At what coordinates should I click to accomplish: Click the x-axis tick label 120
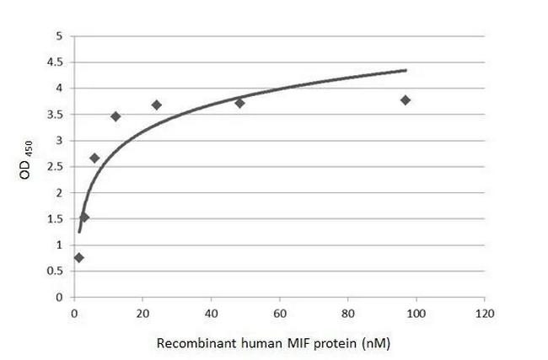pos(483,314)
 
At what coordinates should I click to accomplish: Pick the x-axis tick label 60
pos(279,314)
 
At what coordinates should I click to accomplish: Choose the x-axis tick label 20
pos(142,314)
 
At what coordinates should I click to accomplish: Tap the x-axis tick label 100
pos(415,314)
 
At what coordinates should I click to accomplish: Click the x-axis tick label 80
pos(347,314)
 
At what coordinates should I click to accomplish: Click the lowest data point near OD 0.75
pos(78,258)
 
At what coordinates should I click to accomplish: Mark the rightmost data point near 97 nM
pos(406,100)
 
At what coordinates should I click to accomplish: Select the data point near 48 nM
pos(239,103)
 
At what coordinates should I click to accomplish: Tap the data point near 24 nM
pos(157,105)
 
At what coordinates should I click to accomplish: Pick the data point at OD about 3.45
pos(116,116)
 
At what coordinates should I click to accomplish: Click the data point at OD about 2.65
pos(94,159)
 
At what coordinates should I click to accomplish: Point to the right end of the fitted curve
pos(406,70)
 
